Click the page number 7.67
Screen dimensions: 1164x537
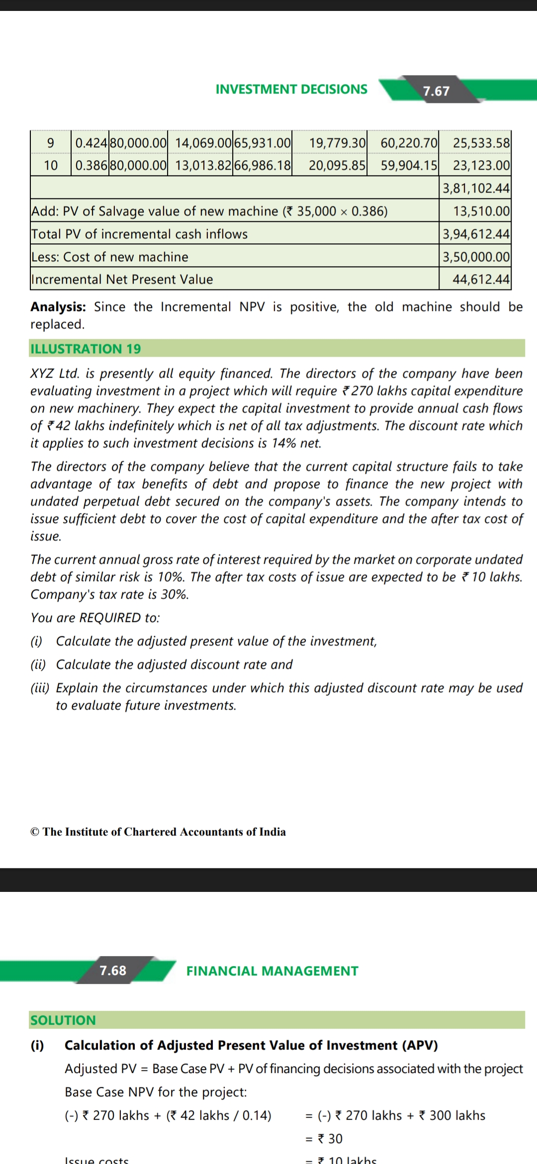(x=436, y=91)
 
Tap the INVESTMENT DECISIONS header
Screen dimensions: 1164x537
(x=291, y=89)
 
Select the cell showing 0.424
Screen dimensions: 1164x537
(x=90, y=143)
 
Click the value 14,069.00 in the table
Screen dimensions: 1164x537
(x=203, y=143)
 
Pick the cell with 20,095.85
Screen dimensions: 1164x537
(x=337, y=165)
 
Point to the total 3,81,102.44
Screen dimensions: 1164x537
(x=476, y=188)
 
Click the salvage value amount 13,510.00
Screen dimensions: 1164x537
(x=481, y=211)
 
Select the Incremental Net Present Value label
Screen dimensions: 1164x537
(x=122, y=279)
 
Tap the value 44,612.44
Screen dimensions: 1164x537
(x=481, y=279)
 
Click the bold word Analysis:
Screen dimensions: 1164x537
(x=58, y=307)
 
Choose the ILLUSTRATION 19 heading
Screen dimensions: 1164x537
(x=86, y=349)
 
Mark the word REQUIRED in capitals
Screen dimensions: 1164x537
(x=110, y=618)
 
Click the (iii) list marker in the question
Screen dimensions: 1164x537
(x=40, y=688)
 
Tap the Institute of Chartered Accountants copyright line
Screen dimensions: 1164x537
(x=158, y=832)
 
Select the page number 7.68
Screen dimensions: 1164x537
(x=113, y=970)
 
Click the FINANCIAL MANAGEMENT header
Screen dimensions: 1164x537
(x=272, y=971)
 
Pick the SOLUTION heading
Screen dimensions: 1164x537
(x=63, y=1020)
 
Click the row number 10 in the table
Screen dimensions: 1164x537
(x=51, y=165)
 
